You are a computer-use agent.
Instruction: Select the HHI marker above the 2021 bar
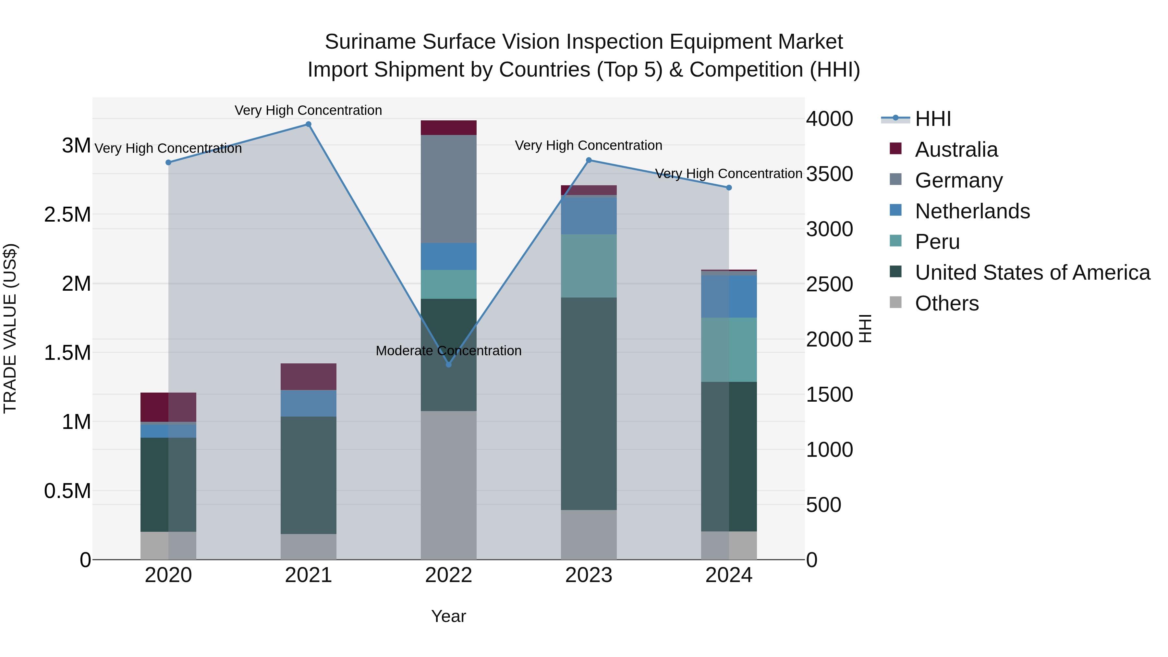click(x=308, y=124)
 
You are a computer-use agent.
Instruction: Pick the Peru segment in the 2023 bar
click(x=589, y=266)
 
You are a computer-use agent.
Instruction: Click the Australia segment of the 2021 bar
click(x=308, y=376)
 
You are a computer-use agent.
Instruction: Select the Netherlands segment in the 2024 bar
click(x=729, y=297)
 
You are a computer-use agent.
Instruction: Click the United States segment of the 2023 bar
click(x=589, y=404)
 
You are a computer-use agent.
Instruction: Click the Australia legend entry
click(x=956, y=150)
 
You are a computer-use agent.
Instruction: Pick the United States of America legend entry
click(x=1032, y=273)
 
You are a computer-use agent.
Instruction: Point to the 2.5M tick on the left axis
click(x=67, y=214)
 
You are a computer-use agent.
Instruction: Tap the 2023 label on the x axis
click(x=589, y=575)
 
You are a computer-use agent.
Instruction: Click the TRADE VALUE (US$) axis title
click(x=10, y=328)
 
